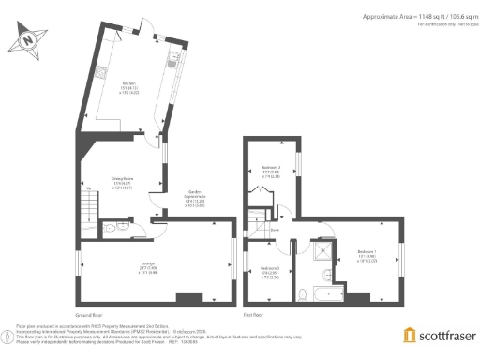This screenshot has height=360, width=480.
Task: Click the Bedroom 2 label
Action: [272, 170]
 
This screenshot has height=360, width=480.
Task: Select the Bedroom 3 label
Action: [270, 271]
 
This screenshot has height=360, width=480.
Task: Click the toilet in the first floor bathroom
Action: [306, 294]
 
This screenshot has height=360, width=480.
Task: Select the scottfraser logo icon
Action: [409, 335]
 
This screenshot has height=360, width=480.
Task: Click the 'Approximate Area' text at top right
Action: [391, 16]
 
